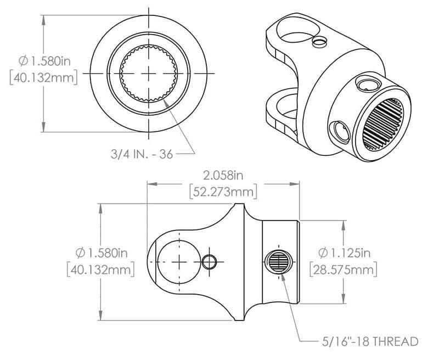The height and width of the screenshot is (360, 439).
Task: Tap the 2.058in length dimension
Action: [x=222, y=176]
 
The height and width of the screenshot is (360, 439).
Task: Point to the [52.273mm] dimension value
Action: [x=222, y=192]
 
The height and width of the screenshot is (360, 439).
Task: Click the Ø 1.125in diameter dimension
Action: [x=345, y=253]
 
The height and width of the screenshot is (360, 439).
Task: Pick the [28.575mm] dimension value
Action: [x=344, y=270]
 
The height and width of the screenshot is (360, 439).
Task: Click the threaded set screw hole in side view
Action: [x=279, y=262]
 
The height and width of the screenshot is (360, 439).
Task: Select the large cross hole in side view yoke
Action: [x=178, y=261]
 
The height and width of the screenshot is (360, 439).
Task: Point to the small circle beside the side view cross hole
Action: [x=209, y=262]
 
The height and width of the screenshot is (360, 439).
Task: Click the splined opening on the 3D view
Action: [x=386, y=123]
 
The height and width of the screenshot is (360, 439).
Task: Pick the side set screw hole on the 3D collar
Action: [x=337, y=131]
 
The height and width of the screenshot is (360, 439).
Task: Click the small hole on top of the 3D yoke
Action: [x=318, y=41]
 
